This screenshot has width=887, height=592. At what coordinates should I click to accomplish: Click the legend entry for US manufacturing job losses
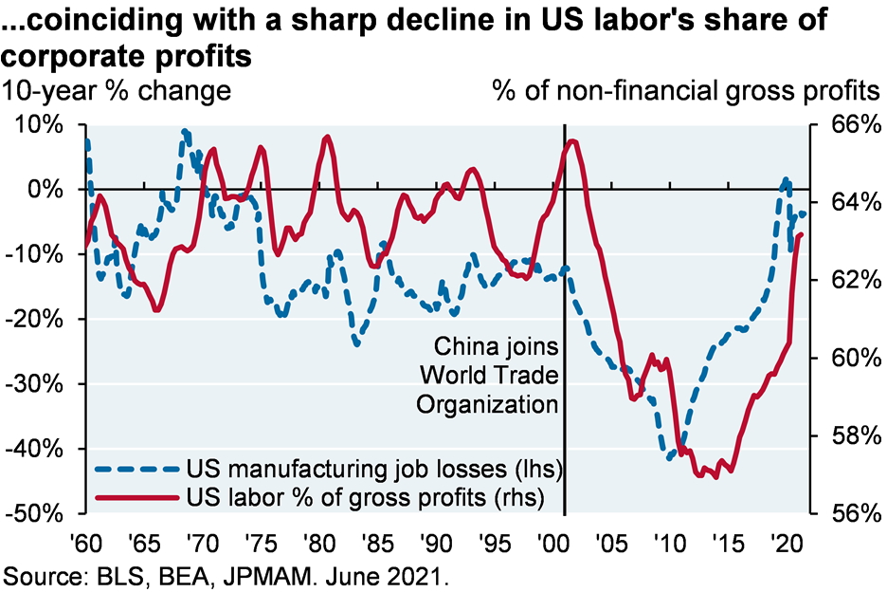[x=374, y=469]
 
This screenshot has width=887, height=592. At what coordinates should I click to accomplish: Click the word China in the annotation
[x=464, y=344]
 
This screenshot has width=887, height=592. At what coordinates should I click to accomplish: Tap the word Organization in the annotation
[x=486, y=403]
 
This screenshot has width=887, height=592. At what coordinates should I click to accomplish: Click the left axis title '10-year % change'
[x=118, y=92]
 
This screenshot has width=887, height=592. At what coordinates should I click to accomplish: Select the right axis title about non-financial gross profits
[x=686, y=92]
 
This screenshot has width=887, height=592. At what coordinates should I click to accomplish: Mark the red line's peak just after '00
[x=572, y=141]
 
